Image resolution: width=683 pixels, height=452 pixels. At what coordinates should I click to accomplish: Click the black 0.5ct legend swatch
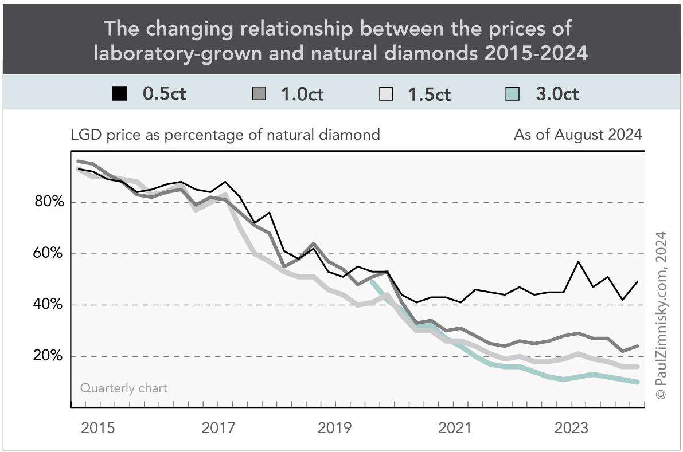pyautogui.click(x=119, y=93)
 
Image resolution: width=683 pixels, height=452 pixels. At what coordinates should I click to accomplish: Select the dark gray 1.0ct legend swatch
pyautogui.click(x=259, y=93)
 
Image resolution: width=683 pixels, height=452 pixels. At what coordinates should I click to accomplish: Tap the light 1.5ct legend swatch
pyautogui.click(x=386, y=93)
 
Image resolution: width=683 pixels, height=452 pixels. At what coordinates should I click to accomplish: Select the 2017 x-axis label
pyautogui.click(x=218, y=428)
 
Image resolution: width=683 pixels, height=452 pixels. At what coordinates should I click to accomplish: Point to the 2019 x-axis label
pyautogui.click(x=335, y=428)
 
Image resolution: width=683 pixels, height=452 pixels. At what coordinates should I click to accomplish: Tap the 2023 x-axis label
pyautogui.click(x=571, y=428)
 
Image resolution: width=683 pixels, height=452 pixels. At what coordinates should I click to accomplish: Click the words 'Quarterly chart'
pyautogui.click(x=124, y=388)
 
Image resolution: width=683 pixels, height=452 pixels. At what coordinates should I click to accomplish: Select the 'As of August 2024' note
pyautogui.click(x=577, y=135)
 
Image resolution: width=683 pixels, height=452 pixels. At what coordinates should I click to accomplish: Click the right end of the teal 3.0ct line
pyautogui.click(x=638, y=382)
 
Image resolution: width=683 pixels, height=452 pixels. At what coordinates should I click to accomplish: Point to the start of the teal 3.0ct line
pyautogui.click(x=372, y=281)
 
